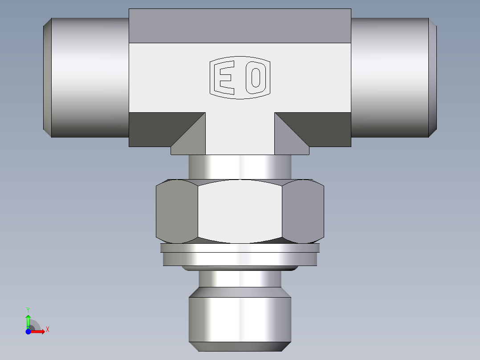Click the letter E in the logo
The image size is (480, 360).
pyautogui.click(x=224, y=78)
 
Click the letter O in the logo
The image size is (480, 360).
pyautogui.click(x=256, y=78)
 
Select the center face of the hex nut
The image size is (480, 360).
pyautogui.click(x=240, y=211)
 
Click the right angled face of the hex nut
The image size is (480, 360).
pyautogui.click(x=303, y=211)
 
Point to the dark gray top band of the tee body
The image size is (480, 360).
pyautogui.click(x=240, y=26)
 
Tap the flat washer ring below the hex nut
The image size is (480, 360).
pyautogui.click(x=240, y=259)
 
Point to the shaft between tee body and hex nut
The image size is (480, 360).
pyautogui.click(x=240, y=167)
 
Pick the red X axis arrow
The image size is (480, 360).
pyautogui.click(x=39, y=331)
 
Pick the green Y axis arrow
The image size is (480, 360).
pyautogui.click(x=28, y=320)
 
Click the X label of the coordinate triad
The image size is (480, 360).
pyautogui.click(x=48, y=330)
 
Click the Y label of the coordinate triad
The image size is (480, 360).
pyautogui.click(x=28, y=309)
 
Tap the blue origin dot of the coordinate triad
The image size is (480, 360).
pyautogui.click(x=28, y=331)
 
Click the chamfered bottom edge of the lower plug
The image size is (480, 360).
pyautogui.click(x=240, y=346)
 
